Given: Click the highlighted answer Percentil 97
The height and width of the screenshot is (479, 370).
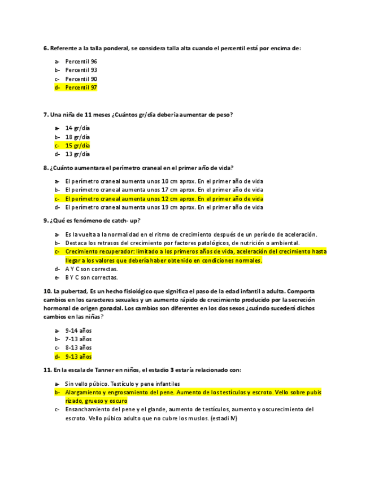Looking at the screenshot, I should [81, 88].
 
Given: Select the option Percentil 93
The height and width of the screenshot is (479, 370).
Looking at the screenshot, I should [81, 70].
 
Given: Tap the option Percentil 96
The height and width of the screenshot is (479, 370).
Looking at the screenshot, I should [81, 62].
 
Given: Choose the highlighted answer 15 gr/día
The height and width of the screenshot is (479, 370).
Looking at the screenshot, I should [77, 145].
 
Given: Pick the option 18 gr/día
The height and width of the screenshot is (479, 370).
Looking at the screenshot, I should [77, 137].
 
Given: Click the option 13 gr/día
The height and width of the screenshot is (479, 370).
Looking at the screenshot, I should [77, 154].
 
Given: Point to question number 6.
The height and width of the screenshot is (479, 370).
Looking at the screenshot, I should [46, 49].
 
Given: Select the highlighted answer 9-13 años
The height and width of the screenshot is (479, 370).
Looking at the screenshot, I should [78, 356].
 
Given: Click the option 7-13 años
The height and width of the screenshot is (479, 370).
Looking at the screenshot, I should [78, 339].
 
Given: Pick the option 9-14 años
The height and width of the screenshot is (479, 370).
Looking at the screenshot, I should [78, 330].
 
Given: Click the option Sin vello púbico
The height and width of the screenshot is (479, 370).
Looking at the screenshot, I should [85, 384].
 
